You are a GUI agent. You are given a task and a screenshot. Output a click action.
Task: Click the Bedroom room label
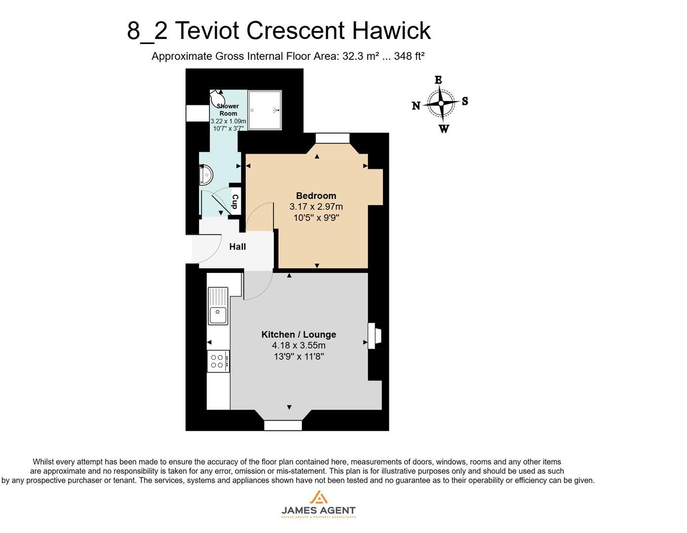[x=316, y=196]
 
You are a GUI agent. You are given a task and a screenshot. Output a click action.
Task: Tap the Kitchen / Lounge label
[x=299, y=335]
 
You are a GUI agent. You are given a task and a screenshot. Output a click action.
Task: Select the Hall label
[x=237, y=247]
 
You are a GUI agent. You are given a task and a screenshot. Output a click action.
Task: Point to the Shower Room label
[x=228, y=110]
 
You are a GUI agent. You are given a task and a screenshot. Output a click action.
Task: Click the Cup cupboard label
[x=235, y=201]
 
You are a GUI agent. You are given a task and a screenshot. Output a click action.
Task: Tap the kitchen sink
[x=218, y=306]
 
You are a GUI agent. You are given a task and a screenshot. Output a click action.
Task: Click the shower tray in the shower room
[x=265, y=110]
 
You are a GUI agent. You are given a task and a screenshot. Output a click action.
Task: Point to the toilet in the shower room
[x=220, y=99]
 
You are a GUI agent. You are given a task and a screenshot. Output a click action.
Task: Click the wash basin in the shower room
[x=206, y=175]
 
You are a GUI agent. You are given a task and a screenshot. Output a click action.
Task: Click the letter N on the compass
[x=416, y=106]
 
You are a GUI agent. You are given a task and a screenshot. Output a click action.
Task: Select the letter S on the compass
[x=465, y=102]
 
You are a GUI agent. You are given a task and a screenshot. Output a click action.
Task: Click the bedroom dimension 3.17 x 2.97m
[x=316, y=207]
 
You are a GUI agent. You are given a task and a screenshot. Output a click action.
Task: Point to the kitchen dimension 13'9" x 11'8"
[x=299, y=356]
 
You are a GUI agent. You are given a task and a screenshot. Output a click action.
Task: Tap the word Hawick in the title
[x=391, y=31]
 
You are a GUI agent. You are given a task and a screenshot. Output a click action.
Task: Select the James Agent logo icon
[x=318, y=497]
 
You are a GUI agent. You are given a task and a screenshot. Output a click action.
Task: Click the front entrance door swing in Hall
[x=207, y=249]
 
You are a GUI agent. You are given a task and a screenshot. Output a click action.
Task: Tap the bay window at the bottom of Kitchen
[x=283, y=424]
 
